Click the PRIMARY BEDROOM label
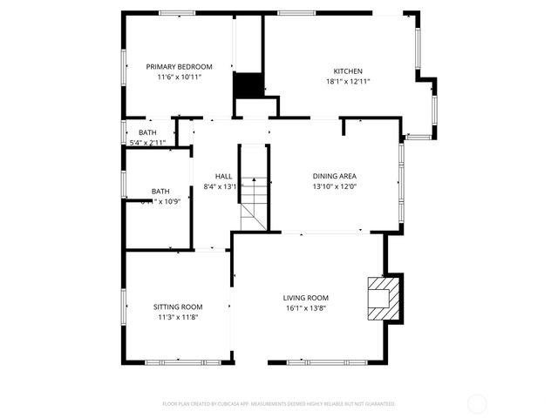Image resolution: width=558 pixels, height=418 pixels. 180,67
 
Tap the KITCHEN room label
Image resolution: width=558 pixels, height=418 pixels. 348,71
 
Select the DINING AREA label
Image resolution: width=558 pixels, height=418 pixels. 336,176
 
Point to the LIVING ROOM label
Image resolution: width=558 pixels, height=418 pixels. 305,298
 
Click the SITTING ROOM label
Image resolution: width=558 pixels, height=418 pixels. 178,307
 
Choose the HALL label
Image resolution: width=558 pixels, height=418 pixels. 224,176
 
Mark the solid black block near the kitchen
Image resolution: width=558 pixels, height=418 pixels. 248,85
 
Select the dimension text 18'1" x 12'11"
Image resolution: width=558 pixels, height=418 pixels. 348,82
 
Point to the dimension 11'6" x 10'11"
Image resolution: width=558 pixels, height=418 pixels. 180,78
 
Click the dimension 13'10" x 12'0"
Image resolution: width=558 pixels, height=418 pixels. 336,186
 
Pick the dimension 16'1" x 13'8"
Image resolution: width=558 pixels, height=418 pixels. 305,308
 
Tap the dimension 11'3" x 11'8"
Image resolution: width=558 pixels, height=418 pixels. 178,317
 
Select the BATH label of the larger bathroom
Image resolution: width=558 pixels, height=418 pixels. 160,192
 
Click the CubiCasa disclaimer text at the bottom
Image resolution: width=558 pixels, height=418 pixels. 279,404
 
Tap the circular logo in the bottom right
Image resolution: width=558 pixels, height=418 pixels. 477,403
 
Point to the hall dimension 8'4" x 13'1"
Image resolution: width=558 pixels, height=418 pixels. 221,186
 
